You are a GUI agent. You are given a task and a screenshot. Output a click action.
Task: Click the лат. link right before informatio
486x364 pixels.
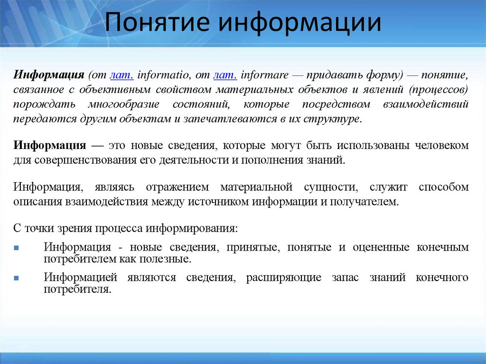(121, 75)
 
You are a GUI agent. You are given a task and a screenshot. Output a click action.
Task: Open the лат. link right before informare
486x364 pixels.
(225, 75)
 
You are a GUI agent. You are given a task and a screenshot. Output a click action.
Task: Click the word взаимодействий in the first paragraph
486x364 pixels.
(432, 104)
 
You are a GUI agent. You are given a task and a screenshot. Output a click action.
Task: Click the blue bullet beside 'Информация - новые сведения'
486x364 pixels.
(17, 248)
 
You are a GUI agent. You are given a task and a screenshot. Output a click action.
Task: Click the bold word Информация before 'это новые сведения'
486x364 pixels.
(49, 145)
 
